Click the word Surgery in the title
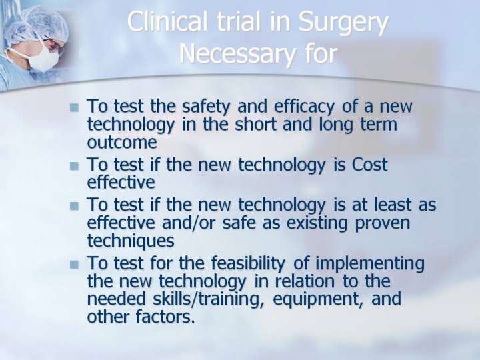tap(343, 23)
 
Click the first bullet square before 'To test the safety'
tap(74, 107)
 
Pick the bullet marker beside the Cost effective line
tap(74, 166)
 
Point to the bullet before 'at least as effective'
tap(74, 206)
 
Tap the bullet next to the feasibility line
tap(74, 265)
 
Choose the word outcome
tap(122, 143)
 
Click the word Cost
tap(369, 165)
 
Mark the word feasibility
tap(248, 264)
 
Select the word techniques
tap(131, 241)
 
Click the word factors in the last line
tap(165, 317)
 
